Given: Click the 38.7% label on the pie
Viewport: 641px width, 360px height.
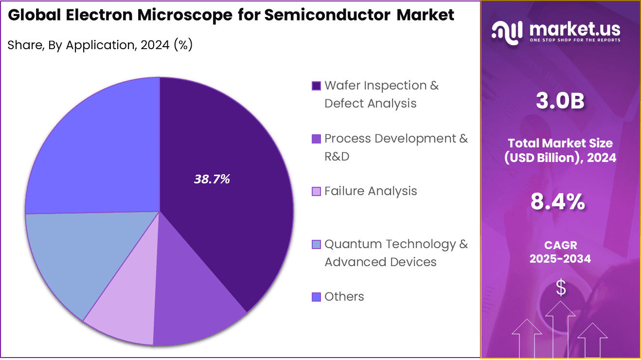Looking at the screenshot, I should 212,180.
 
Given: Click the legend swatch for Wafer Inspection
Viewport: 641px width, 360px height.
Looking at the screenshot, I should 316,86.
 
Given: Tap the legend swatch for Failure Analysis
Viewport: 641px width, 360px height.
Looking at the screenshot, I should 316,192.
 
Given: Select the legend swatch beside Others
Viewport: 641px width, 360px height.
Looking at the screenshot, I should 316,297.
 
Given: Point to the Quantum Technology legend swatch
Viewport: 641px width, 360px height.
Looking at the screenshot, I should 316,244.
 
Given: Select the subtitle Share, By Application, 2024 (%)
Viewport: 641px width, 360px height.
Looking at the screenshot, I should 100,45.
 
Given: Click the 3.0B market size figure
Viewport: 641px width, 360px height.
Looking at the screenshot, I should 560,101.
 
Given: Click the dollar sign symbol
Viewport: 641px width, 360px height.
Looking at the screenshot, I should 561,288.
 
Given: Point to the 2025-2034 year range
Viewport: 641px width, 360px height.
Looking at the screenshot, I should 560,259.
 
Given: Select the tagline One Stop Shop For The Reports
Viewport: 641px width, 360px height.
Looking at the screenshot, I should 575,40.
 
